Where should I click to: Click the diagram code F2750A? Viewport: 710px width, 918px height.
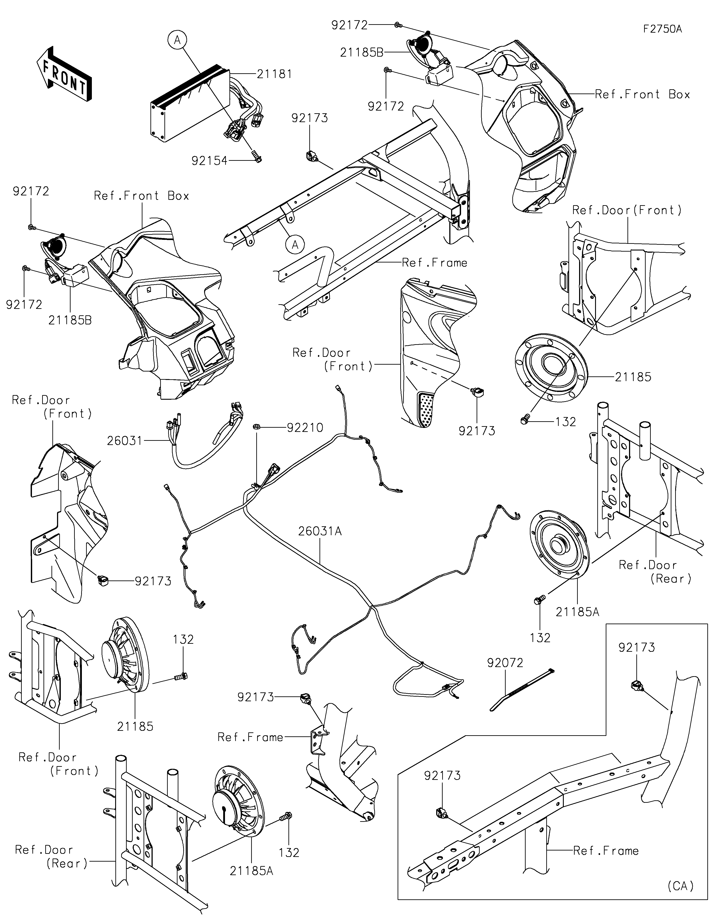(663, 29)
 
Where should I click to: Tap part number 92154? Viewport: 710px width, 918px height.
(209, 161)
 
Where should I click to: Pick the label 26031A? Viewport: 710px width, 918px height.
(320, 531)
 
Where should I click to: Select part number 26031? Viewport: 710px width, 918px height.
(125, 441)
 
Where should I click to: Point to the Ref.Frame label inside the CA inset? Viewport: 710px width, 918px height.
(606, 851)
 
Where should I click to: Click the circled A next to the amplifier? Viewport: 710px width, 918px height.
(177, 40)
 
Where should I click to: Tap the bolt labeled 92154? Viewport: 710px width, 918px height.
(256, 156)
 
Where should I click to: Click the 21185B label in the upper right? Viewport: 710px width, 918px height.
(361, 53)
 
